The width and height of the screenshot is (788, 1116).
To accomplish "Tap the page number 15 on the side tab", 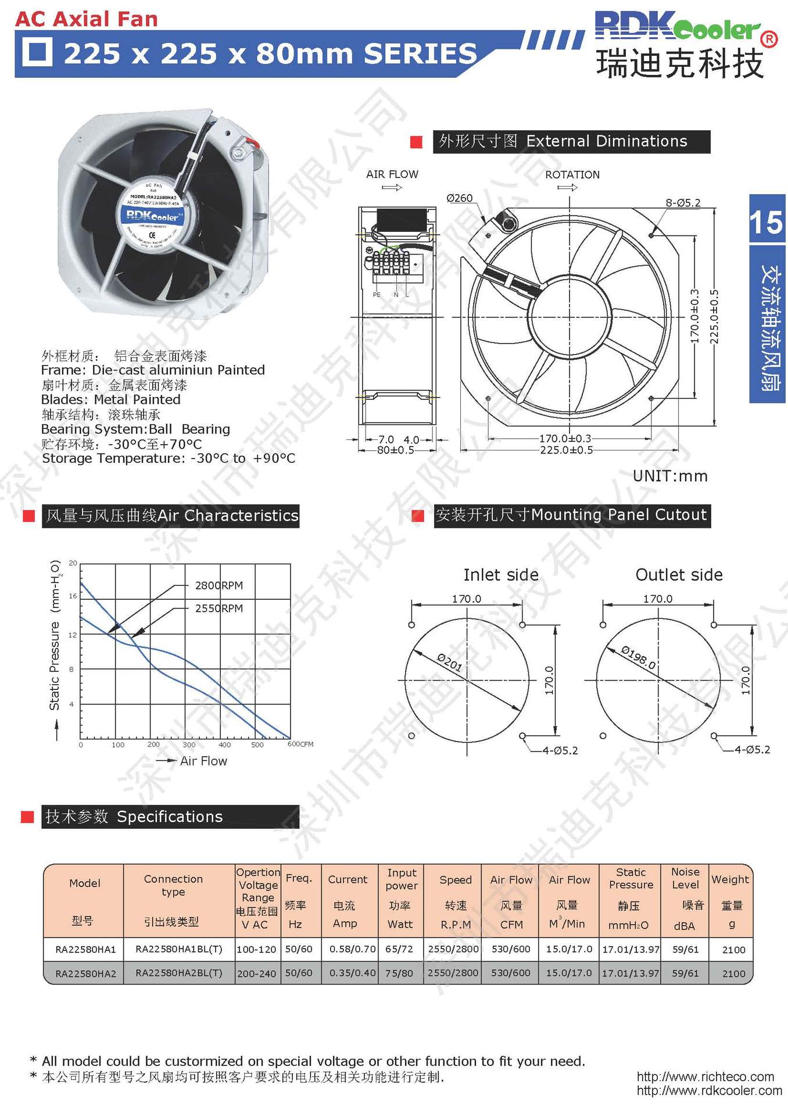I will point(766,222).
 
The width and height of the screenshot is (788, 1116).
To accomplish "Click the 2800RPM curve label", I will point(219,585).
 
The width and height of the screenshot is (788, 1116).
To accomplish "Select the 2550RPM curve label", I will point(219,608).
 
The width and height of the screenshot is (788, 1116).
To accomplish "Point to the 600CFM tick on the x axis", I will point(300,744).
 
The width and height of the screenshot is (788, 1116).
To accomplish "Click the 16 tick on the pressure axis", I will point(73,596).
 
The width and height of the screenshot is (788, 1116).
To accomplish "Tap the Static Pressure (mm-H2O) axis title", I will point(55,635).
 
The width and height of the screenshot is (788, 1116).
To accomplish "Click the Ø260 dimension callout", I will point(459,198).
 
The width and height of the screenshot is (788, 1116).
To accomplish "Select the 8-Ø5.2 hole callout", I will point(682,203).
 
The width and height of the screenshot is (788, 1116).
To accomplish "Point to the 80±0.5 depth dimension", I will point(395,450).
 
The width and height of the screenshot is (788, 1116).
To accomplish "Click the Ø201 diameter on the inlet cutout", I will point(449,662).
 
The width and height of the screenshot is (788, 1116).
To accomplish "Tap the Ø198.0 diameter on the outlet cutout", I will point(638,657).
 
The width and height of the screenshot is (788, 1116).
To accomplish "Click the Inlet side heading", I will point(500,575).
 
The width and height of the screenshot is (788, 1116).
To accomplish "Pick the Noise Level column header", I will point(685,878).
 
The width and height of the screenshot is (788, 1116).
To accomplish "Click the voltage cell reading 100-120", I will point(256,949).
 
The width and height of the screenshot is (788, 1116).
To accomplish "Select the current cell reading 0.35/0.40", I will point(352,972).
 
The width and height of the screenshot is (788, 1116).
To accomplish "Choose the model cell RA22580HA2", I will point(85,973).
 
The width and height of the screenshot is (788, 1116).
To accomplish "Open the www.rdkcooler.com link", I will point(709,1090).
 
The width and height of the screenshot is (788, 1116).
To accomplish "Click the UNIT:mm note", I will point(670,476).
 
